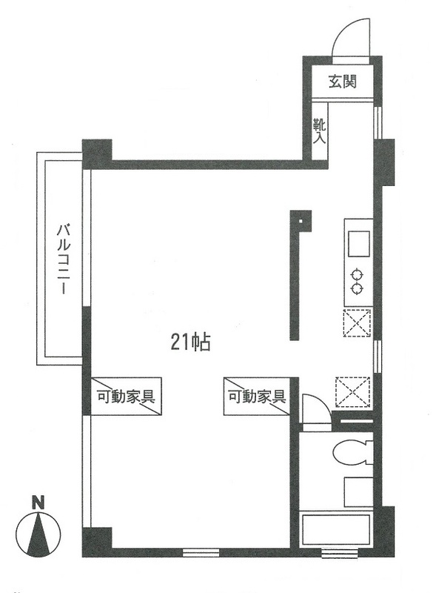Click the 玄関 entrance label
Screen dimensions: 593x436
[341, 81]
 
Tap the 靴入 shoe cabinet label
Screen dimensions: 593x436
[319, 131]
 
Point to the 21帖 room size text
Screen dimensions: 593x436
[191, 342]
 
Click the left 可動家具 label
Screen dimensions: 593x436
[125, 396]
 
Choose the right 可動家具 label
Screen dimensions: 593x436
[255, 396]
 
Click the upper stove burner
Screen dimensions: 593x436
[358, 272]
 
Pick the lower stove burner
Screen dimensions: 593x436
[358, 287]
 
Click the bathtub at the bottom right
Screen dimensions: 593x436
[338, 531]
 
